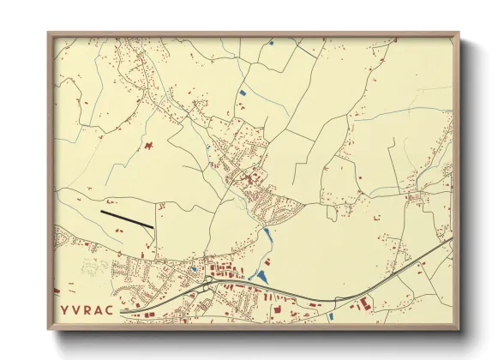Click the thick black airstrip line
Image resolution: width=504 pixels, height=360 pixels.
tap(127, 219)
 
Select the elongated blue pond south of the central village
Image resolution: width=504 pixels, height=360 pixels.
tap(267, 234)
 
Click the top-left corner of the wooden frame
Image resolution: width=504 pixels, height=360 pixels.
tap(48, 33)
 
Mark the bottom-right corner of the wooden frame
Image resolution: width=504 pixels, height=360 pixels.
tap(459, 328)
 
